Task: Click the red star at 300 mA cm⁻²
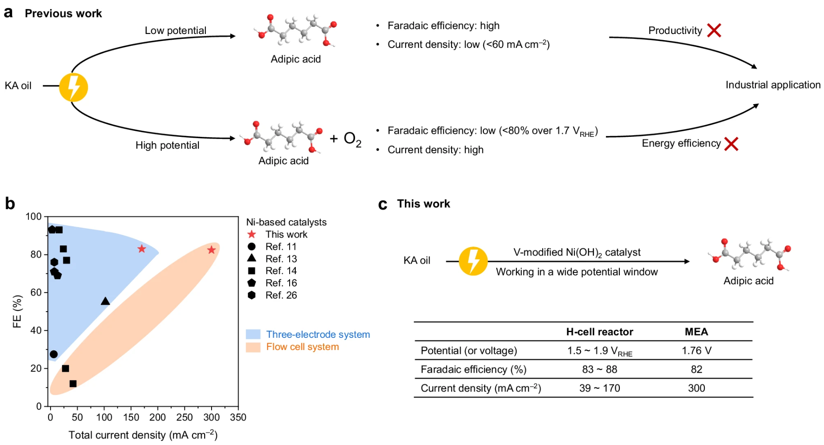pyautogui.click(x=212, y=250)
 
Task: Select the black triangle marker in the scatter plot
pyautogui.click(x=105, y=301)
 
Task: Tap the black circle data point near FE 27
pyautogui.click(x=54, y=354)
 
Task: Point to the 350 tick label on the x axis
pyautogui.click(x=238, y=418)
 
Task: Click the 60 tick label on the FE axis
pyautogui.click(x=36, y=292)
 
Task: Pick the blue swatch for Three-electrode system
pyautogui.click(x=253, y=335)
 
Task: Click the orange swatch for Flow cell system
pyautogui.click(x=253, y=347)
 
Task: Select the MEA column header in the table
pyautogui.click(x=696, y=332)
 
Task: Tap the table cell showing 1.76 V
pyautogui.click(x=696, y=350)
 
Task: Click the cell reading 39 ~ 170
pyautogui.click(x=599, y=388)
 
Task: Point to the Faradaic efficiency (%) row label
pyautogui.click(x=473, y=370)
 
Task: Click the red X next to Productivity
pyautogui.click(x=714, y=31)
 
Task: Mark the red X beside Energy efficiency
pyautogui.click(x=731, y=144)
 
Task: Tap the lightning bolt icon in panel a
pyautogui.click(x=73, y=87)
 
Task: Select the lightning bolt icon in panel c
pyautogui.click(x=473, y=261)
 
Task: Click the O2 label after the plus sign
pyautogui.click(x=352, y=139)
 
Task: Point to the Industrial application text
pyautogui.click(x=773, y=85)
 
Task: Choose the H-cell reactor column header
pyautogui.click(x=599, y=332)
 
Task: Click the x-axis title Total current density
pyautogui.click(x=143, y=435)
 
